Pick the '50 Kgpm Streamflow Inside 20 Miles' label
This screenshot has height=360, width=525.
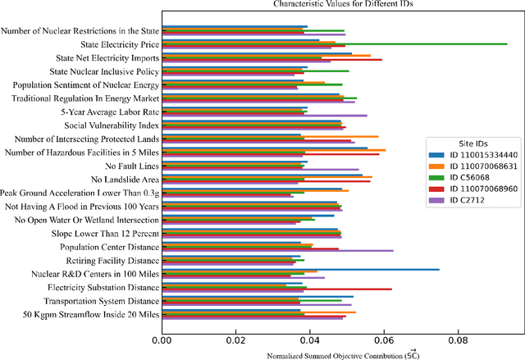91,314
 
